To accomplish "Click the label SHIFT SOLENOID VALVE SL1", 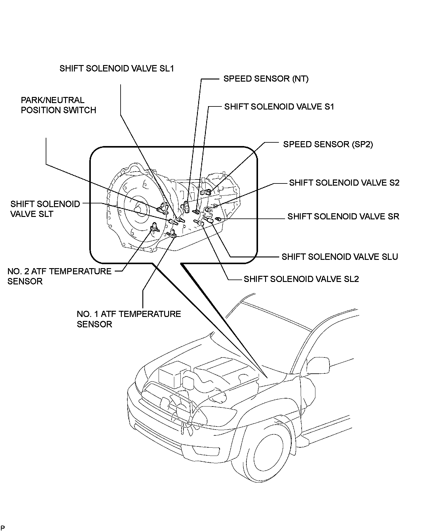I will point(117,68).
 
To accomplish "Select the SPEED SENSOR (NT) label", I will point(266,79).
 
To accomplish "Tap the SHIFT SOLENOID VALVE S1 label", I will point(279,107).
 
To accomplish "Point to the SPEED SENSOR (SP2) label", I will point(328,144).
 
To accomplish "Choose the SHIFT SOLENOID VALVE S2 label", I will point(344,183).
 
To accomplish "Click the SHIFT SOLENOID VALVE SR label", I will point(343,217).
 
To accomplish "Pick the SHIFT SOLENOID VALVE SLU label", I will point(340,257).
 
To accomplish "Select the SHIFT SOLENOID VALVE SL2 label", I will point(301,279).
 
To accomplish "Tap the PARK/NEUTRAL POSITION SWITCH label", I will point(58,105).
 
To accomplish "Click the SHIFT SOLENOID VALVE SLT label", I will point(45,209).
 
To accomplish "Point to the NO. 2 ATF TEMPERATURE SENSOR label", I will point(59,276).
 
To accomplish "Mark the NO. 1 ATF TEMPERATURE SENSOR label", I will point(129,319).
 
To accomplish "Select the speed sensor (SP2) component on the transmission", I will point(206,192).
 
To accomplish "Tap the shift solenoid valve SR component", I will point(218,219).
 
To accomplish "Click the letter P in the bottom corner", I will point(2,528).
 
